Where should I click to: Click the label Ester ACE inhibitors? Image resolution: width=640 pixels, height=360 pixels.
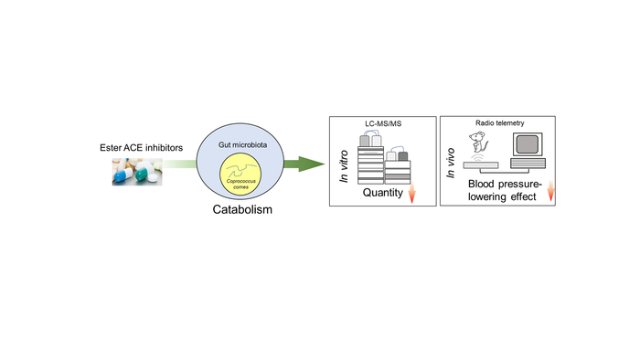(x=141, y=148)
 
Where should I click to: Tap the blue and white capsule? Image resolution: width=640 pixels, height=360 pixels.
(x=123, y=175)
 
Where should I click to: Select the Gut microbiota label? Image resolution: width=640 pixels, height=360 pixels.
(x=242, y=144)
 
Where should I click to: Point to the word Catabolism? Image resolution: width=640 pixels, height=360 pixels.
(x=242, y=209)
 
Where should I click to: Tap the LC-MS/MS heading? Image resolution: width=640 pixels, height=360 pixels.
(x=383, y=123)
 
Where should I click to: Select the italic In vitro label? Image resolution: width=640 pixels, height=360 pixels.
(x=344, y=166)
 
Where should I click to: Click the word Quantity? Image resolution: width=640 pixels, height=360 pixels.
(x=383, y=193)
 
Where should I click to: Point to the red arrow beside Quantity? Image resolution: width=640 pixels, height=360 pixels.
(x=411, y=193)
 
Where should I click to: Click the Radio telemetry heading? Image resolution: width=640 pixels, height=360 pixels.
(x=499, y=122)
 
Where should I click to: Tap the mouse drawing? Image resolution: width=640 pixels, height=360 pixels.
(x=478, y=143)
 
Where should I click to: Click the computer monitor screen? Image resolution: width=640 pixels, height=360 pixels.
(x=528, y=144)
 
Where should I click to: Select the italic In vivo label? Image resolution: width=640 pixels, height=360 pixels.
(x=450, y=163)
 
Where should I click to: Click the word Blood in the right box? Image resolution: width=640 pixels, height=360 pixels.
(x=481, y=185)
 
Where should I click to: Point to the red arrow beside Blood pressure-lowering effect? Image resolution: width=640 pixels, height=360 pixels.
(x=550, y=191)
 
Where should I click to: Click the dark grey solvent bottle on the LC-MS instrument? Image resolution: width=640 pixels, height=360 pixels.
(x=403, y=156)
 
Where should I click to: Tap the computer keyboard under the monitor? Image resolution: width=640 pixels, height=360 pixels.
(x=528, y=163)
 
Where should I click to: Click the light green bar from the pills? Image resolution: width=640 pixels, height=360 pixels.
(x=179, y=164)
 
